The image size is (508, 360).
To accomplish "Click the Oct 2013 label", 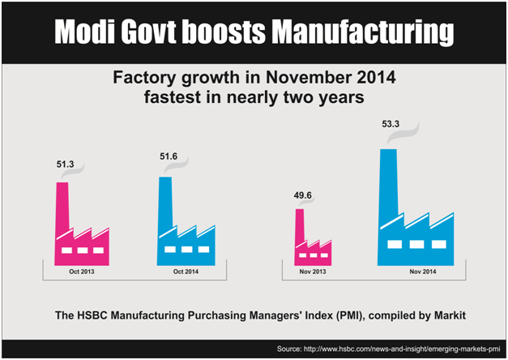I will pyautogui.click(x=81, y=271).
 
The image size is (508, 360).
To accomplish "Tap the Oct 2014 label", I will pyautogui.click(x=185, y=271).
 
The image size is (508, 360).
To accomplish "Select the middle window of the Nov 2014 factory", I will pyautogui.click(x=416, y=244).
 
